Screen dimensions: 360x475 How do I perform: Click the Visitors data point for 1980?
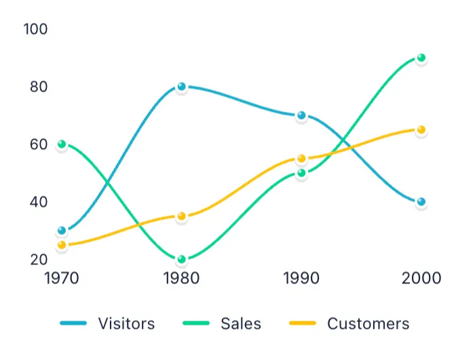181,87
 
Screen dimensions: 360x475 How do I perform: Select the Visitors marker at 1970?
62,231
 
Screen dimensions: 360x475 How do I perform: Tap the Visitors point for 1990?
301,115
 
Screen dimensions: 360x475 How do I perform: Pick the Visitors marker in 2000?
421,202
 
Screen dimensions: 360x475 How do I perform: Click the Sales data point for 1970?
62,144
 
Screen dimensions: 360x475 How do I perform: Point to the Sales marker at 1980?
181,259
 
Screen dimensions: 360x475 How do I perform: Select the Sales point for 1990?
301,173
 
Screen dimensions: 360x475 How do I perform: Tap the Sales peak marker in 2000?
421,58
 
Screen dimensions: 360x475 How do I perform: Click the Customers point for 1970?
62,245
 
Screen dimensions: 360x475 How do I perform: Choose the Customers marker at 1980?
181,216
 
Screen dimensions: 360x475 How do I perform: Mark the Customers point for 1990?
301,159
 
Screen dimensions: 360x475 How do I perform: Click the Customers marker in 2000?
421,129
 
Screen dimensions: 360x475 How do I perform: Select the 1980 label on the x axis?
181,278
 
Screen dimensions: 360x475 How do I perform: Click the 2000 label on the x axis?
421,278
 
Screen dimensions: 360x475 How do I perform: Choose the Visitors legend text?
126,323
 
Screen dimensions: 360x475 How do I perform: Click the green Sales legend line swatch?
196,323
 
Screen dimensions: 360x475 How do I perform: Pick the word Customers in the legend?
368,323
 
